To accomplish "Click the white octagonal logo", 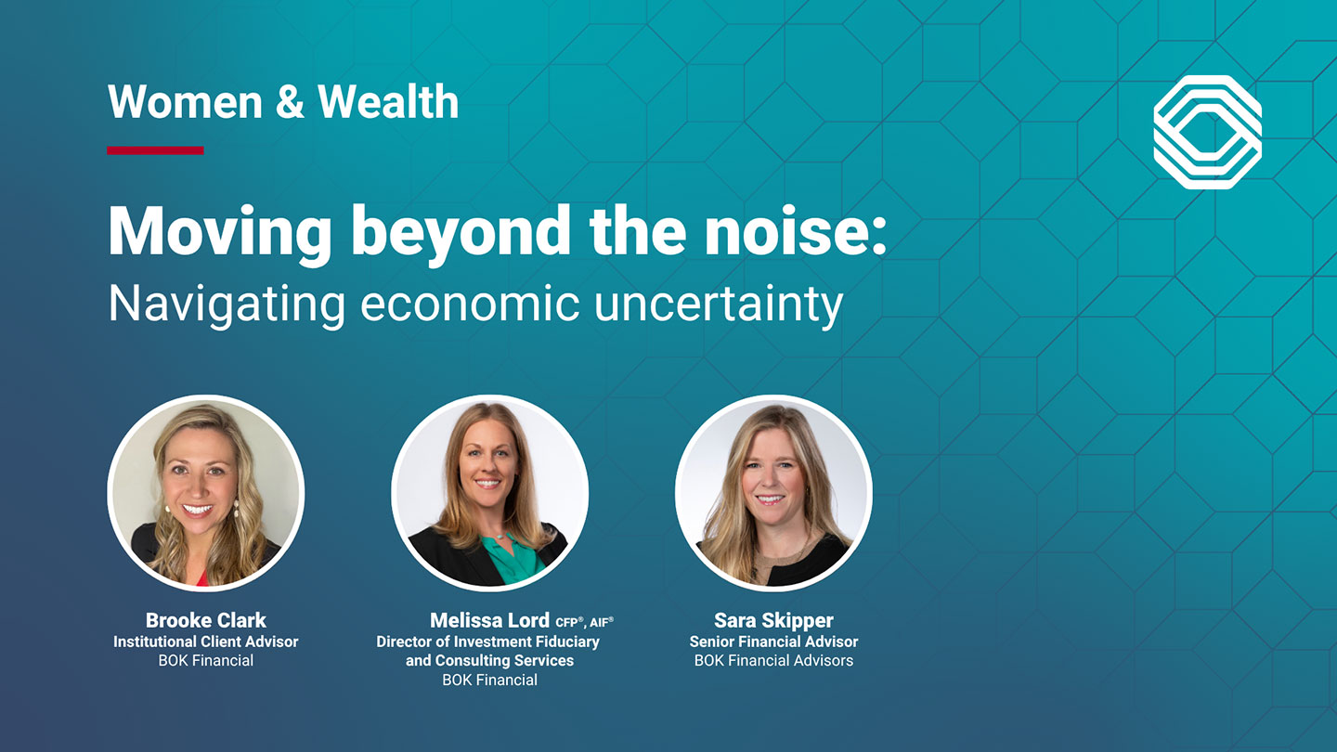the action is pos(1207,132).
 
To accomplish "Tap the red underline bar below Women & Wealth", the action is pos(155,150).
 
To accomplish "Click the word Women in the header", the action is pos(185,102).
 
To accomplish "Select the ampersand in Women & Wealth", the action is pos(290,102).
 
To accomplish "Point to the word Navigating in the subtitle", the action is pos(227,305).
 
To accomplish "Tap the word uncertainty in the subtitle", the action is pos(719,305).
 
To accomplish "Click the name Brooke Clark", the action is pos(206,620).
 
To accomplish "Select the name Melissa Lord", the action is pos(489,620).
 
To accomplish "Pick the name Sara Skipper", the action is pos(773,620).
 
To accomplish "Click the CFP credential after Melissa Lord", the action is pos(569,622).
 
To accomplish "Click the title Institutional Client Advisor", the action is pos(206,642).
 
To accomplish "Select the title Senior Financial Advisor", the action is pos(773,642).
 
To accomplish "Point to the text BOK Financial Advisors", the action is pos(773,661).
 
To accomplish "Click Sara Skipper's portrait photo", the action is pos(773,493).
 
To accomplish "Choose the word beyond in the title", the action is pos(461,234).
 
